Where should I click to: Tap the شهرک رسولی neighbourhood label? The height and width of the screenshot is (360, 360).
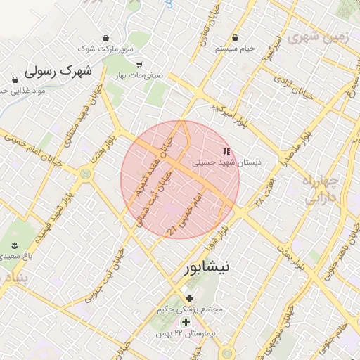(x=58, y=70)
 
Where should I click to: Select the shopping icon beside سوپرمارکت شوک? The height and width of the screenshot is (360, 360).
(x=105, y=37)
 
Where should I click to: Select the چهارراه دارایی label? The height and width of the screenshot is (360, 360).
(x=321, y=191)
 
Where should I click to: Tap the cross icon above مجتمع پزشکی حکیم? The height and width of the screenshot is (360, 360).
(x=188, y=298)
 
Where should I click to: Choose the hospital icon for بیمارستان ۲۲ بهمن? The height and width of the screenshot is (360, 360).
(x=185, y=321)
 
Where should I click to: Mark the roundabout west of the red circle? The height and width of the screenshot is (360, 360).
(x=85, y=172)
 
